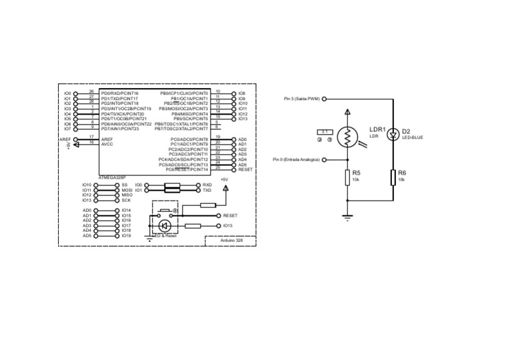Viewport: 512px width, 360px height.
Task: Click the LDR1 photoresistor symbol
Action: pos(347,137)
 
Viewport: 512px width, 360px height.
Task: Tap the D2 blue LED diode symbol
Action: pos(393,134)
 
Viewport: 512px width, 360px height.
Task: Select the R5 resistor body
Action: pos(347,177)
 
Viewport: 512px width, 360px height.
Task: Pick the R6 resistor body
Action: pos(393,177)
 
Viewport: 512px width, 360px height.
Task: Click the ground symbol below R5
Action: pos(347,215)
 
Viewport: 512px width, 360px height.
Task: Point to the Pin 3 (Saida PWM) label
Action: pos(301,99)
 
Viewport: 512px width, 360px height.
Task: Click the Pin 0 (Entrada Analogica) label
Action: pos(296,160)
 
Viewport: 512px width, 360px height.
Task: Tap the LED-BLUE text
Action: pos(413,137)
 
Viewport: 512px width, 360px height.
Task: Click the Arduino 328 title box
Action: pos(230,240)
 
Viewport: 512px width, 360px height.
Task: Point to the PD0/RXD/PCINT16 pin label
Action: pos(120,93)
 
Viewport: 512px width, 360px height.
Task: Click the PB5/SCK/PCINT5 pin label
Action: pos(191,119)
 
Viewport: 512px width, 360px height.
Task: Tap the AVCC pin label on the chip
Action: pos(107,144)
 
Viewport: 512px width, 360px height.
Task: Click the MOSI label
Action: pos(127,190)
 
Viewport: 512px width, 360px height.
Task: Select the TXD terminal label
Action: pos(207,190)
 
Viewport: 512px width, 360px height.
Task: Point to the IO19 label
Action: pos(127,236)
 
